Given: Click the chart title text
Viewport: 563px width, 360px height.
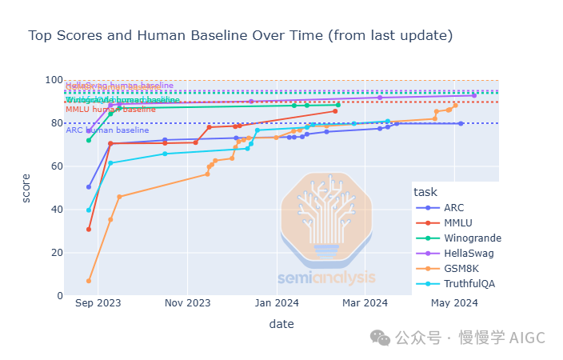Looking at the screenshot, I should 240,36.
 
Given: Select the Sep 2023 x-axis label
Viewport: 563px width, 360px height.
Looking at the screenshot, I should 98,303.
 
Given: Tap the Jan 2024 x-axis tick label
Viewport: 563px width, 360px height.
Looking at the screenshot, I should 277,303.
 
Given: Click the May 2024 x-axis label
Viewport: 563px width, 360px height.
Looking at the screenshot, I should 454,303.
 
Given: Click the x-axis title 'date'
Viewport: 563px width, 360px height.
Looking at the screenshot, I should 281,324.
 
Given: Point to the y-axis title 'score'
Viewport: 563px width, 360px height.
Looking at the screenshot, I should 26,188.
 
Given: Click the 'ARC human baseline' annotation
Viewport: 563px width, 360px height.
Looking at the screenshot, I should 107,130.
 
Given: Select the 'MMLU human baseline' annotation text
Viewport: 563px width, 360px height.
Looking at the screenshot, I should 110,109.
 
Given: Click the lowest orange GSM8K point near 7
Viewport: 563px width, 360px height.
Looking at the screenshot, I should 89,281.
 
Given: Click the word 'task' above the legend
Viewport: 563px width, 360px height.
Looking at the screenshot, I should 425,191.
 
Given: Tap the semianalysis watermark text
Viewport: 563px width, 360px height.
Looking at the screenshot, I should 326,278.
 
